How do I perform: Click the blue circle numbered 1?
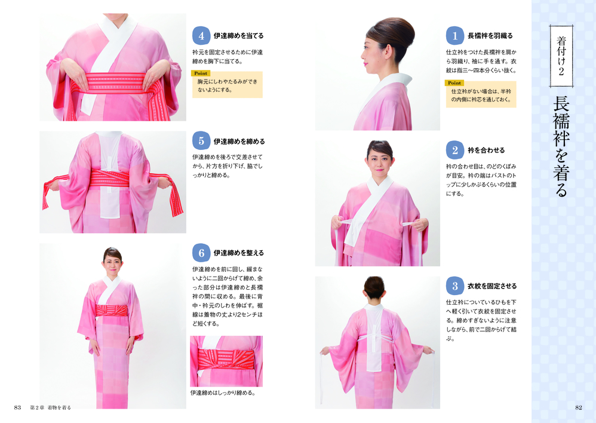click(454, 36)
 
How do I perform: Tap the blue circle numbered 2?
click(454, 150)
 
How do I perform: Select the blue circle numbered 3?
click(454, 286)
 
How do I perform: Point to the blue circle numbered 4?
click(201, 36)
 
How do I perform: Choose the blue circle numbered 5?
click(201, 141)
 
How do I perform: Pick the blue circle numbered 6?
click(201, 253)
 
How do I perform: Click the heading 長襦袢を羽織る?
click(490, 36)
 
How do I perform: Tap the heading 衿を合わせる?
click(486, 150)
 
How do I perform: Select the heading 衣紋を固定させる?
click(492, 286)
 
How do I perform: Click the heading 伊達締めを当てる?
click(238, 36)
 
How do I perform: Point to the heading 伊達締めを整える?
click(238, 253)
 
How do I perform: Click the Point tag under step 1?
click(454, 83)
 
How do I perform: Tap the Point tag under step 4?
click(201, 73)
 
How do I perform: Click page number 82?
click(579, 407)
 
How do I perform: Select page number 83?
click(17, 407)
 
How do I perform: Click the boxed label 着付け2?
click(561, 56)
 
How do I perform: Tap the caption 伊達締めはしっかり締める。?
click(223, 393)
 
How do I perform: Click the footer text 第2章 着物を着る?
click(51, 407)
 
